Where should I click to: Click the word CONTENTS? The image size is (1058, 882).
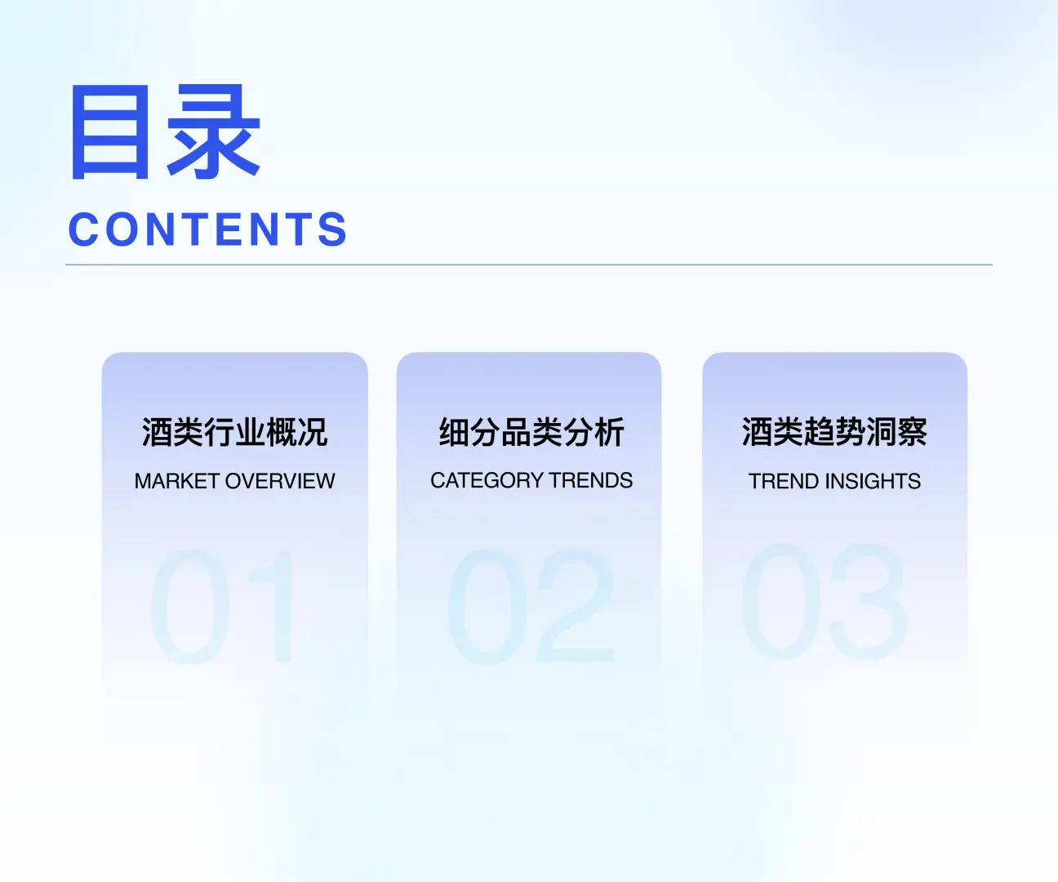(x=208, y=229)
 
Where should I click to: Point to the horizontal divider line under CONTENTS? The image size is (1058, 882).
(x=529, y=265)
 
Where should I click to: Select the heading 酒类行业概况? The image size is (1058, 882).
(x=234, y=432)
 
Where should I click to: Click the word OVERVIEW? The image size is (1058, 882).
(x=280, y=481)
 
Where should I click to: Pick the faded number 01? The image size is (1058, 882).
(x=222, y=606)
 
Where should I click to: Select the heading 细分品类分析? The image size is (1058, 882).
(x=531, y=432)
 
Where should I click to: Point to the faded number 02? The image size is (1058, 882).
(x=531, y=606)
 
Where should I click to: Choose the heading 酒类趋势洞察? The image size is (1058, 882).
(x=834, y=432)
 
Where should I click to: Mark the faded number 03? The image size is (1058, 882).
(x=825, y=603)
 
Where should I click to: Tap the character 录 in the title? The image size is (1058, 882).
(x=214, y=132)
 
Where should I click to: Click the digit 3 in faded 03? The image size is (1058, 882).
(x=868, y=603)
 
